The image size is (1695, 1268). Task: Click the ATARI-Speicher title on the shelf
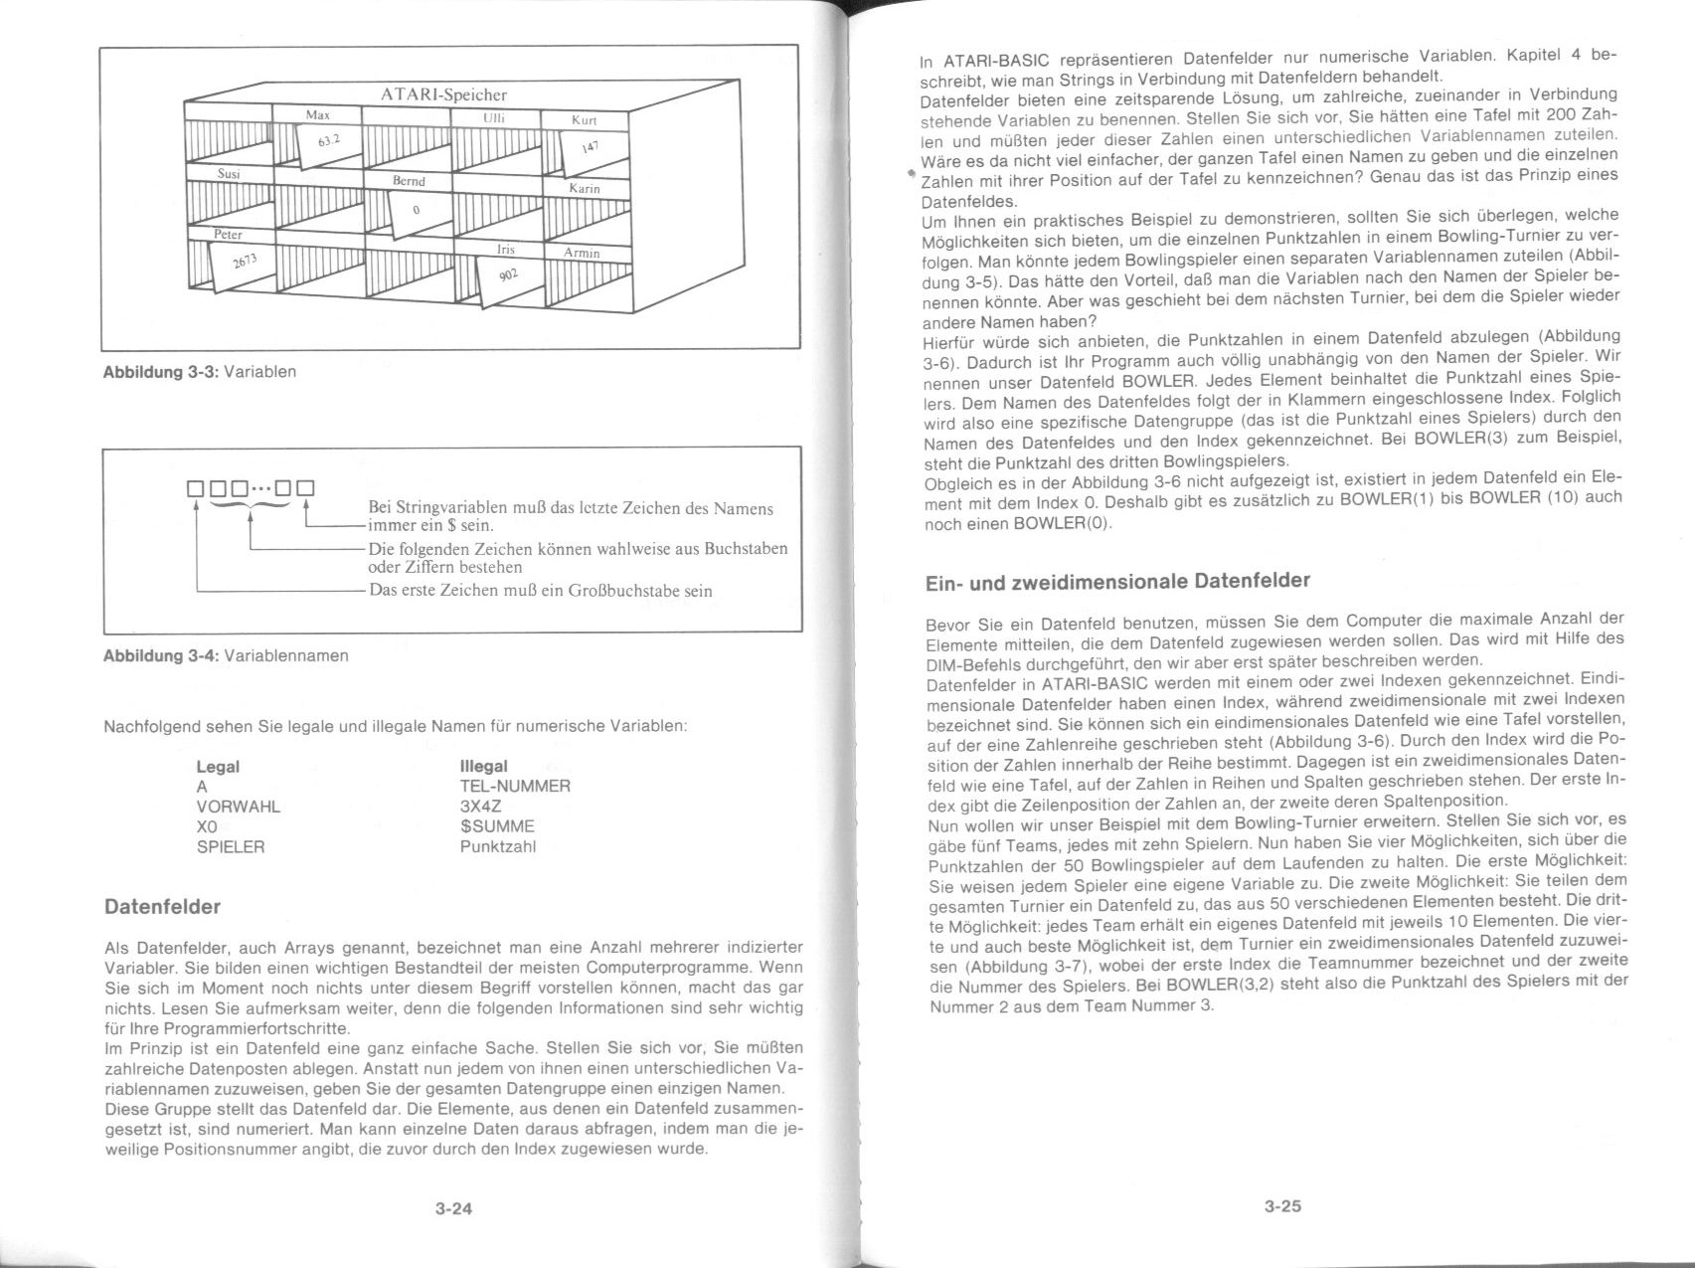[x=443, y=94]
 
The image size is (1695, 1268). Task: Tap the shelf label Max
[x=317, y=115]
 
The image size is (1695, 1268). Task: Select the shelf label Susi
[x=230, y=173]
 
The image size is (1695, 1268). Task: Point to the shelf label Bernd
[x=409, y=181]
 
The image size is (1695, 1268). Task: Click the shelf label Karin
[x=585, y=188]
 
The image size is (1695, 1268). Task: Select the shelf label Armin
[x=582, y=253]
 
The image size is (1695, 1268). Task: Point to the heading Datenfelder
[x=162, y=907]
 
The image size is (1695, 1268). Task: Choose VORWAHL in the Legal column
[x=239, y=807]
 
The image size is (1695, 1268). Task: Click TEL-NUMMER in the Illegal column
[x=515, y=787]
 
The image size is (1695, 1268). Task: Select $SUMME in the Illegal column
[x=497, y=826]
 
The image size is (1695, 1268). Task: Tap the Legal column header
[x=218, y=767]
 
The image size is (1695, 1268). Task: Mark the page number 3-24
[x=453, y=1209]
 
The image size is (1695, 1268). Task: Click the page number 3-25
[x=1282, y=1206]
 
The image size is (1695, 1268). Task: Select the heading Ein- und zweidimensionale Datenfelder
[x=1117, y=581]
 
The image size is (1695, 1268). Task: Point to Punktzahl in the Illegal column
[x=497, y=847]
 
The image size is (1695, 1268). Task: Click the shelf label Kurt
[x=585, y=120]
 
